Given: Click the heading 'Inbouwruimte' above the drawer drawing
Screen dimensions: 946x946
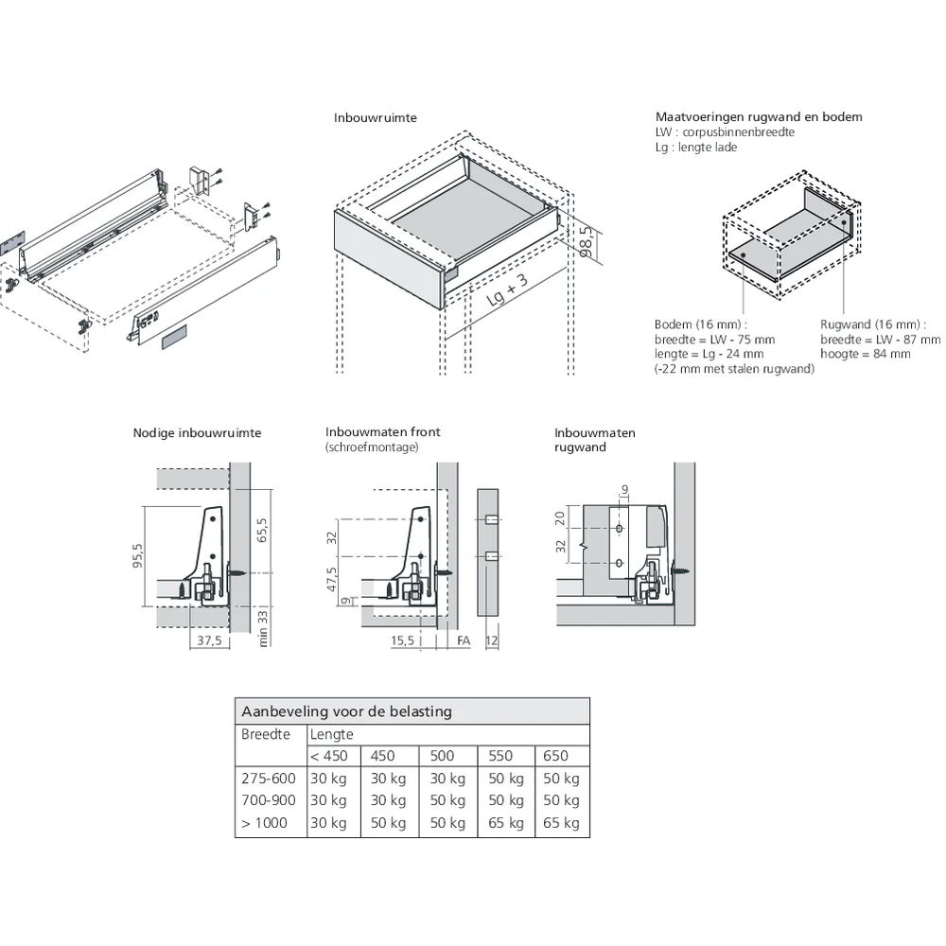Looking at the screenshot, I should pos(375,118).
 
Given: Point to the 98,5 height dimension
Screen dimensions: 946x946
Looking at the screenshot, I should pos(586,242).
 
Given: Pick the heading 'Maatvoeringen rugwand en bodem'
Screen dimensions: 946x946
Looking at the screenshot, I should pos(759,117).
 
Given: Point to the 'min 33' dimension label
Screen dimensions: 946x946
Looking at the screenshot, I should pos(263,627).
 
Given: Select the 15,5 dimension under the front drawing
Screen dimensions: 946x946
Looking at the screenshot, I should pos(404,640).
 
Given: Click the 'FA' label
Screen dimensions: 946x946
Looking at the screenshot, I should pos(463,640).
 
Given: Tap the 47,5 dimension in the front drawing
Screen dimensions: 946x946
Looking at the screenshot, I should pos(332,579).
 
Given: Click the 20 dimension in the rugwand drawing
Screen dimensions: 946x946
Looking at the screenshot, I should pos(561,517).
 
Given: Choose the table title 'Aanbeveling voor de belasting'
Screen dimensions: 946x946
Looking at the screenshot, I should pos(346,711).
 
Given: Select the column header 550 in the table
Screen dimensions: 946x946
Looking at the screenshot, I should pos(501,756).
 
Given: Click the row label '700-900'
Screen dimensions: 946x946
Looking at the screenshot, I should pos(269,800).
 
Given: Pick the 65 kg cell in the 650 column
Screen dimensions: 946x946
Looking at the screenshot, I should pos(562,823).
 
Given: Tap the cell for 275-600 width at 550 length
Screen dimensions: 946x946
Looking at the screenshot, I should pos(505,779).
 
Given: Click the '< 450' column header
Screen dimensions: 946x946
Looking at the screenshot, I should pos(328,756).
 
